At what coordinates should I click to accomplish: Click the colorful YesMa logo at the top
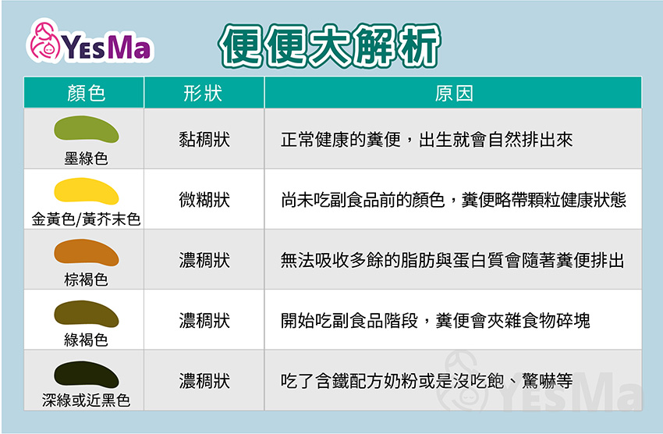tap(89, 41)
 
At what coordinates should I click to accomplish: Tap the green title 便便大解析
tap(329, 46)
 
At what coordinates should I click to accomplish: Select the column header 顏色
tap(86, 93)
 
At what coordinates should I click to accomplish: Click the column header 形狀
tap(203, 93)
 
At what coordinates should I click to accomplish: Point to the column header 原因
tap(454, 93)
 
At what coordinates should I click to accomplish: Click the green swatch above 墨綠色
tap(87, 129)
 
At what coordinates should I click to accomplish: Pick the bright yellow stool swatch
tap(87, 190)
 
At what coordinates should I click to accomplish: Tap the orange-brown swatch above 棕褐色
tap(87, 252)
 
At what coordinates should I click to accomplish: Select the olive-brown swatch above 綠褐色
tap(87, 314)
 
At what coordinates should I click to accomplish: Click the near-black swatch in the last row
tap(87, 374)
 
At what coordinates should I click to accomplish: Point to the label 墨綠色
tap(86, 158)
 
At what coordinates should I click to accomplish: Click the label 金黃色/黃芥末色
tap(86, 219)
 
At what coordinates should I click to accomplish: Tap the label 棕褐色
tap(86, 279)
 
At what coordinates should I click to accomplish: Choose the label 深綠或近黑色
tap(86, 400)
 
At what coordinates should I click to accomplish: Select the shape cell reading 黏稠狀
tap(204, 140)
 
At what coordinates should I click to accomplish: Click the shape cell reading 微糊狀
tap(204, 200)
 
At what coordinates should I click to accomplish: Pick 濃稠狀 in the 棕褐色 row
tap(204, 260)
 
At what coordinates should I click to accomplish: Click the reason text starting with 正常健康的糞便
tap(427, 140)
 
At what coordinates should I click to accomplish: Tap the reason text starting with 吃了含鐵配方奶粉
tap(427, 381)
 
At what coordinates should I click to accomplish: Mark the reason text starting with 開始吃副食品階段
tap(435, 321)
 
